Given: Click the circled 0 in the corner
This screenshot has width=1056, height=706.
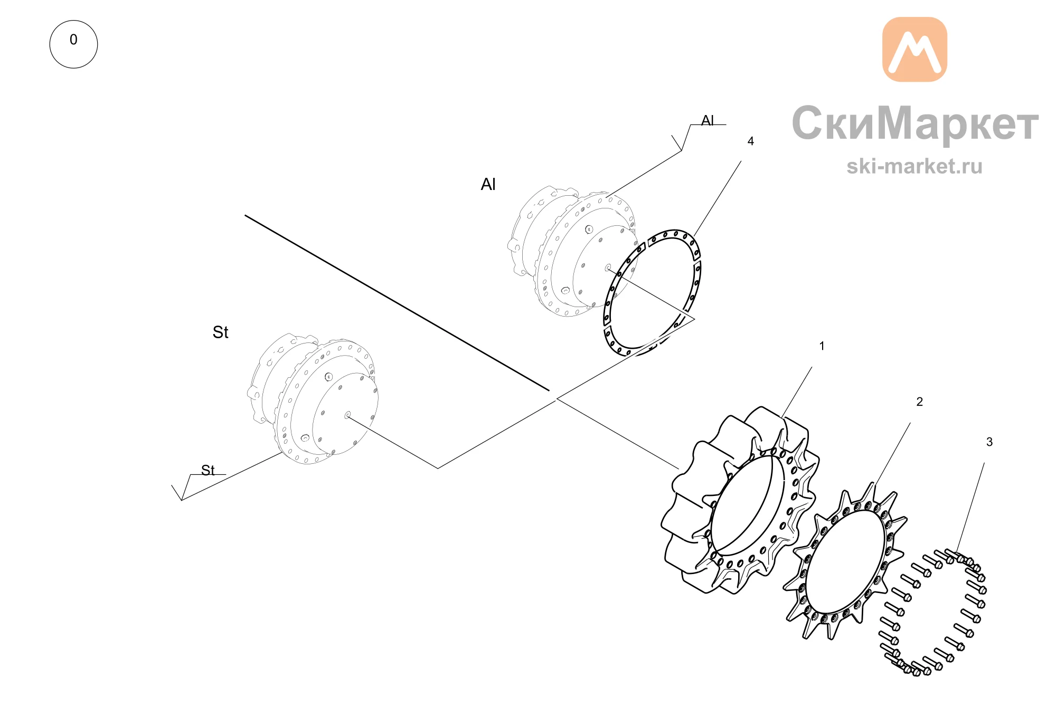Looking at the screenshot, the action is point(73,44).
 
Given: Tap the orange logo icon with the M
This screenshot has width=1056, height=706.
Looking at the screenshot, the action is point(914,50).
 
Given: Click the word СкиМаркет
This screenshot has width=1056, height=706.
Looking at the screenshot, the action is point(915,123).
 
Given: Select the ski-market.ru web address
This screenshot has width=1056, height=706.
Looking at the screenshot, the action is point(914,166).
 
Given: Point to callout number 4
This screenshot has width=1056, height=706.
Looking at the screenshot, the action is point(750,141).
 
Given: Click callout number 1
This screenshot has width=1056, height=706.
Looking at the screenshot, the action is point(822,346).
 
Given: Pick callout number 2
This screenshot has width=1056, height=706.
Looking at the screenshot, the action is point(919,402).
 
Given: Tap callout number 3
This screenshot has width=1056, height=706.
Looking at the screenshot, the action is point(989,442).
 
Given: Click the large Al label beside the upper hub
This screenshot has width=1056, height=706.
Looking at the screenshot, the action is point(488,184).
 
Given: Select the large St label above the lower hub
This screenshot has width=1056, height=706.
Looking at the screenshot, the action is point(220,332).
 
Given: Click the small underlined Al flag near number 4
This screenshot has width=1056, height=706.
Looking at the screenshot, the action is point(708,121).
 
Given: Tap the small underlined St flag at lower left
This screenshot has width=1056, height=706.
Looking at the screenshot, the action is point(208,470).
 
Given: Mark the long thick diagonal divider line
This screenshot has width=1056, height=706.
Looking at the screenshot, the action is point(397,303).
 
